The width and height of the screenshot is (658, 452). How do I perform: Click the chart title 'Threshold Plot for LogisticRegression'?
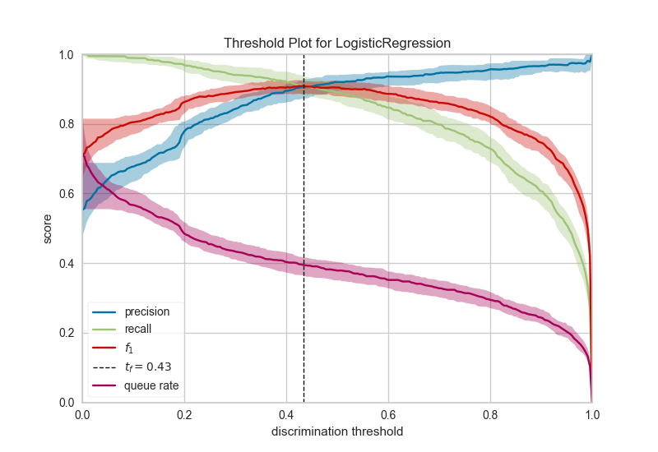pyautogui.click(x=336, y=43)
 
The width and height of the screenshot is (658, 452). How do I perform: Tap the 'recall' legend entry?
pyautogui.click(x=137, y=330)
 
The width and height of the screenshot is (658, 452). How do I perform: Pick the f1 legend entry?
pyautogui.click(x=130, y=348)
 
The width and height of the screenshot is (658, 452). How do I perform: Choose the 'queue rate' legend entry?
pyautogui.click(x=151, y=385)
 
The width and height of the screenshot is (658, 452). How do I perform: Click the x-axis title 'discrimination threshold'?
pyautogui.click(x=336, y=431)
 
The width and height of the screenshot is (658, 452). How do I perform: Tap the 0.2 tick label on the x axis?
pyautogui.click(x=184, y=415)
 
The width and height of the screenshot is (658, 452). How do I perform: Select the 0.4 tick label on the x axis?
pyautogui.click(x=286, y=415)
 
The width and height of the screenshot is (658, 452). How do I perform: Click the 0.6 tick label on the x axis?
pyautogui.click(x=388, y=415)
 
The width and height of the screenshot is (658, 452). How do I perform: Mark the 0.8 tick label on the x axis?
pyautogui.click(x=490, y=415)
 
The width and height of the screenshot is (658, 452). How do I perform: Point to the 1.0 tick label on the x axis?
pyautogui.click(x=591, y=415)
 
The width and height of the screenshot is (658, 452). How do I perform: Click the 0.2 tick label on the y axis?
pyautogui.click(x=66, y=333)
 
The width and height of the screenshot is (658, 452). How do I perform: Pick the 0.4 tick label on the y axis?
pyautogui.click(x=66, y=264)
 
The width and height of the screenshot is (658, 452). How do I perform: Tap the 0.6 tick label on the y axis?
pyautogui.click(x=66, y=194)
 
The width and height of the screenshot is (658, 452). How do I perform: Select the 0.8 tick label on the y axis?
pyautogui.click(x=66, y=125)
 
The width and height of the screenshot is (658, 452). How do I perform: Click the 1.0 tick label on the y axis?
pyautogui.click(x=66, y=55)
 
